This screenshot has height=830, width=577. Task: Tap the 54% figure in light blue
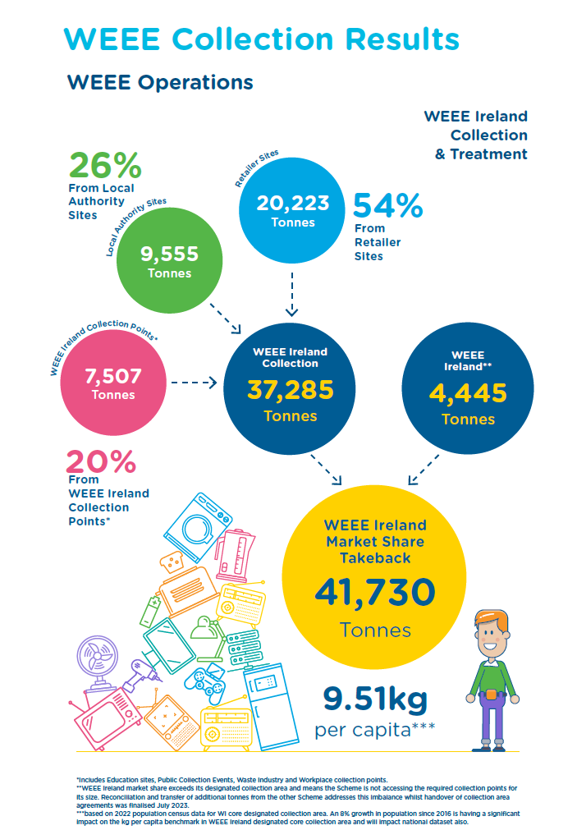(387, 206)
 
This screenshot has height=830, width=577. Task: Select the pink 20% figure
(100, 462)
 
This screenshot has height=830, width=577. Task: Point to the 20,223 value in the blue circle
(293, 203)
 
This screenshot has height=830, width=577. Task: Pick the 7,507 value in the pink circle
(113, 376)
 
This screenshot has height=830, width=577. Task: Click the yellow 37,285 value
(291, 389)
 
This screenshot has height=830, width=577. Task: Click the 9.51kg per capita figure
(374, 699)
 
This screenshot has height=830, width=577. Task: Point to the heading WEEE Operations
(160, 82)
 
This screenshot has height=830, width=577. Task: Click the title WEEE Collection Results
(261, 39)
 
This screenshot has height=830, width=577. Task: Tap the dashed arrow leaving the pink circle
(190, 383)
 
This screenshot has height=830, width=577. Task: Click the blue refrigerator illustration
(270, 698)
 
